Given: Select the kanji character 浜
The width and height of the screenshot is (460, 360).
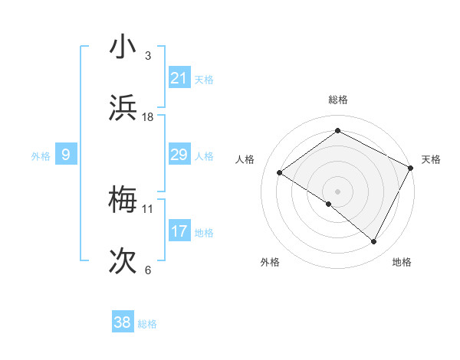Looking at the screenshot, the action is (x=123, y=107).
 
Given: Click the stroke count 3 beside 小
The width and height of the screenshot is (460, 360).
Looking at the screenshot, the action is (x=147, y=56).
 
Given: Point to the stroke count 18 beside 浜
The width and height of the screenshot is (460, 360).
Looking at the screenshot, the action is (x=148, y=117).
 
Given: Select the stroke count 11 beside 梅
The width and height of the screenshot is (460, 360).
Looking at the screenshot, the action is (x=148, y=208).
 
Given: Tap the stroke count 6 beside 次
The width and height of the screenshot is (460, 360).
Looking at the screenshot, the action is (x=147, y=270).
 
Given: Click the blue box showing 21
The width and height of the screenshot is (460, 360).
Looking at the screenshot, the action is (x=179, y=78).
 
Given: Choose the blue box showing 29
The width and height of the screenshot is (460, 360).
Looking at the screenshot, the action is (x=179, y=155).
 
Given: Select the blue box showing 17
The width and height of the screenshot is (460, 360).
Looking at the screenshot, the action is (x=179, y=231).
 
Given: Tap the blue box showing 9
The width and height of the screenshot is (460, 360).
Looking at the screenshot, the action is (x=66, y=155).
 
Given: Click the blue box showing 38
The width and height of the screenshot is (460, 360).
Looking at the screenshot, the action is (x=123, y=323).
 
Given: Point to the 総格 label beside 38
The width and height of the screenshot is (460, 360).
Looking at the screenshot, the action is (x=148, y=324).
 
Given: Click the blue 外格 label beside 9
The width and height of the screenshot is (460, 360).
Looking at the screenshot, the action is (x=41, y=156).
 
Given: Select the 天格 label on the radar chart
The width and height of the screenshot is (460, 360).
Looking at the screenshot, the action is (x=431, y=159).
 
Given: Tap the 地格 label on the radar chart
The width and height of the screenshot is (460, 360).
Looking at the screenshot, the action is (x=402, y=263).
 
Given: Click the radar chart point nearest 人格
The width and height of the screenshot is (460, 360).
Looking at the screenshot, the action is (x=280, y=172).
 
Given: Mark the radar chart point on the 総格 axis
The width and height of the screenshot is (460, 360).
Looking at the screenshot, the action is (x=337, y=131).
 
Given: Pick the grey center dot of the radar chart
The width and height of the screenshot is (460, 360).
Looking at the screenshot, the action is (x=337, y=191).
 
